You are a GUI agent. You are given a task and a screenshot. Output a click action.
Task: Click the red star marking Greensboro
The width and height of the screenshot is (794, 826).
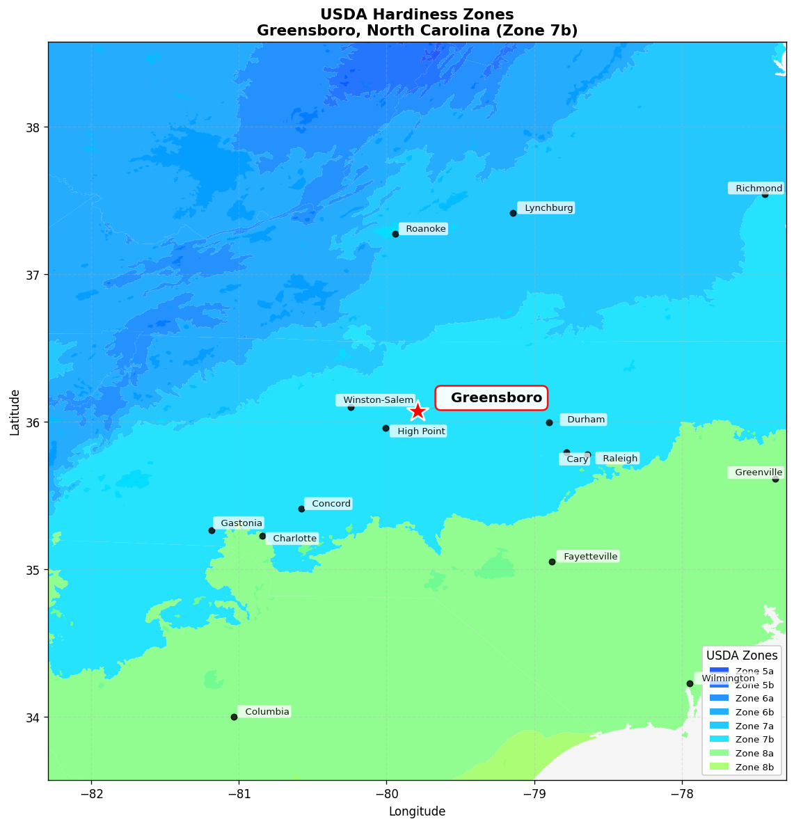pyautogui.click(x=417, y=411)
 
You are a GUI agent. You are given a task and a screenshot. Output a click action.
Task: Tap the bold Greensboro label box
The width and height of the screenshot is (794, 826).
pyautogui.click(x=491, y=397)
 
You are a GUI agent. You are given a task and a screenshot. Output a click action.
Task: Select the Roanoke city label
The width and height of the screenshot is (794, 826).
pyautogui.click(x=424, y=229)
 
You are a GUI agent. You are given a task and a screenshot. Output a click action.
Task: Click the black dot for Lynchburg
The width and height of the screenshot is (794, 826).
pyautogui.click(x=513, y=213)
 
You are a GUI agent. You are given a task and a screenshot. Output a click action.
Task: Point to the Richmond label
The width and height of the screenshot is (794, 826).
pyautogui.click(x=757, y=189)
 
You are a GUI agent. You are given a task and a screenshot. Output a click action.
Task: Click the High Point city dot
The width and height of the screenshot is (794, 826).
pyautogui.click(x=386, y=428)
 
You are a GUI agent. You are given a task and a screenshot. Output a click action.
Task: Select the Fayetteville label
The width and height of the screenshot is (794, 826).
pyautogui.click(x=589, y=557)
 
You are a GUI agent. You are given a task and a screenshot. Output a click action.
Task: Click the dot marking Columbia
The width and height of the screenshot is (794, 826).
pyautogui.click(x=234, y=717)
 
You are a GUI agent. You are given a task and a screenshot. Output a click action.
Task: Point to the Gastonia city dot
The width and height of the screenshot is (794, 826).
pyautogui.click(x=212, y=530)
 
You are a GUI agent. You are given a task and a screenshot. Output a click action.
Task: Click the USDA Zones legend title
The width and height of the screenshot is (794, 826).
pyautogui.click(x=742, y=656)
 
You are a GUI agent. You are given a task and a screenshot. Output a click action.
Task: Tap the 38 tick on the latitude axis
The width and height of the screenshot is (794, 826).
pyautogui.click(x=33, y=127)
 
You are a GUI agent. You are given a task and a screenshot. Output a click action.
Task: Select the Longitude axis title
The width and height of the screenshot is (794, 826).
pyautogui.click(x=417, y=811)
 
